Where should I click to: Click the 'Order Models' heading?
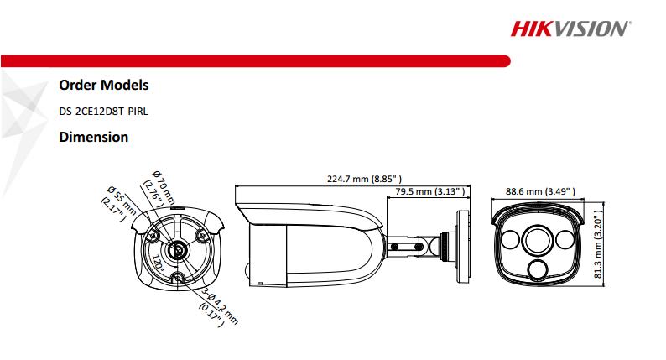pos(104,85)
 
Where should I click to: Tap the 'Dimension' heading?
pos(93,136)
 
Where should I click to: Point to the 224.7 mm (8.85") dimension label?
pos(363,179)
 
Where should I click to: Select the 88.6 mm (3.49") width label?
pos(540,191)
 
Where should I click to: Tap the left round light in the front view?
pos(513,242)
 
